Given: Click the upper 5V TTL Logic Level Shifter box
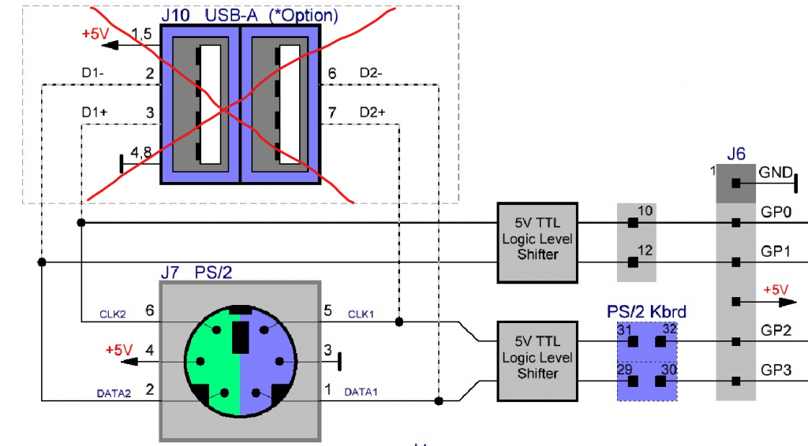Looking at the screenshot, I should coord(537,242).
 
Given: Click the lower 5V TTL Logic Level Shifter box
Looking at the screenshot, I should coord(537,360).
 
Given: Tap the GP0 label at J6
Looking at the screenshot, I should coord(775,213).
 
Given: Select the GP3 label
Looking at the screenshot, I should coord(775,369).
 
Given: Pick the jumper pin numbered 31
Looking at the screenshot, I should coord(632,341).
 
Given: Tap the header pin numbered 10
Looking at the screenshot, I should coord(633,223).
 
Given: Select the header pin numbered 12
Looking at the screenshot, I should coord(633,262).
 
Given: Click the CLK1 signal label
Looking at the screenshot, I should coord(363,314).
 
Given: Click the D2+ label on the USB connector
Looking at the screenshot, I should coord(372,113).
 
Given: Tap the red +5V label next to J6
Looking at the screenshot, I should coord(776,290).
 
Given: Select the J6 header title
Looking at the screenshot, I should coord(735,154).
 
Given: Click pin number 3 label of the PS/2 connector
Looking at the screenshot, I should coord(328,350).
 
